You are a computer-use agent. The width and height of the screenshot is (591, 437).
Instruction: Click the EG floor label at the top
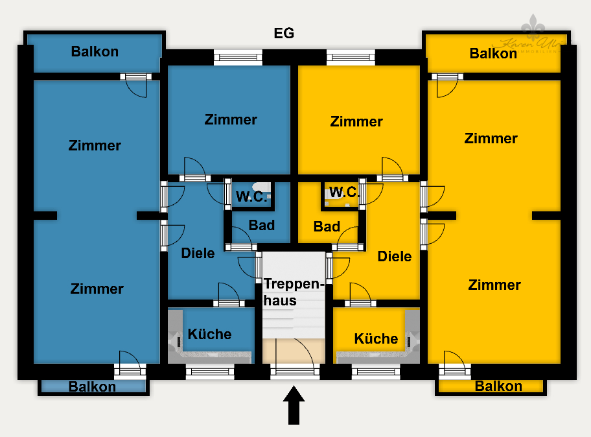pos(284,34)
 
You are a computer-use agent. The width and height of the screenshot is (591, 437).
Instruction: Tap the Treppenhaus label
pos(292,292)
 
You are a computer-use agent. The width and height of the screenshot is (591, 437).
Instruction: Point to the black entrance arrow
pos(294,405)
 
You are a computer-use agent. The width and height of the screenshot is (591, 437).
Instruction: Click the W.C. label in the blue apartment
pos(251,197)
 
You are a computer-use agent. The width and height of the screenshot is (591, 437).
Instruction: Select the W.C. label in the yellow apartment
pos(343,192)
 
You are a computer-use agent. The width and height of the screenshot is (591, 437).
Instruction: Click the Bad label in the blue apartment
pos(262,226)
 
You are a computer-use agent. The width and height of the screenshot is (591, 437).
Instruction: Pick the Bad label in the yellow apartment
pos(327,226)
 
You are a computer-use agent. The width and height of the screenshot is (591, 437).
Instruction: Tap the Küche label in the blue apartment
pos(209,334)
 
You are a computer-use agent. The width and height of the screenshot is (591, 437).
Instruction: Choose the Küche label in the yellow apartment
pos(376,338)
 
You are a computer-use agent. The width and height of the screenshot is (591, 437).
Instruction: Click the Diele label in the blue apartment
pos(198,253)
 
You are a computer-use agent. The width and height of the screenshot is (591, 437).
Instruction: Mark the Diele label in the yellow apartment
pos(394,256)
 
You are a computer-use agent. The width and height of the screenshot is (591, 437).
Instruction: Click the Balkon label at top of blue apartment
pos(95,52)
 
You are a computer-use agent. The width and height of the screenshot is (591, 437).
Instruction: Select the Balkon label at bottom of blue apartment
pos(92,387)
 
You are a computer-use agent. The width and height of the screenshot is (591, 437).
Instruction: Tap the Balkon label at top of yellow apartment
pos(493,53)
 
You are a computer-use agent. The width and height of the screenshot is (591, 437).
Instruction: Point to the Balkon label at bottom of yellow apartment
pos(498,386)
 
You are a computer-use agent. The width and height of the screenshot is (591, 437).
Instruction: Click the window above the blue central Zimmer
pos(238,58)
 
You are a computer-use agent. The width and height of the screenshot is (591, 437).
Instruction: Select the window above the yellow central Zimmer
pos(351,58)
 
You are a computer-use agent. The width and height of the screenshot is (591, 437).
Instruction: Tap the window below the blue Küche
pos(209,372)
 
